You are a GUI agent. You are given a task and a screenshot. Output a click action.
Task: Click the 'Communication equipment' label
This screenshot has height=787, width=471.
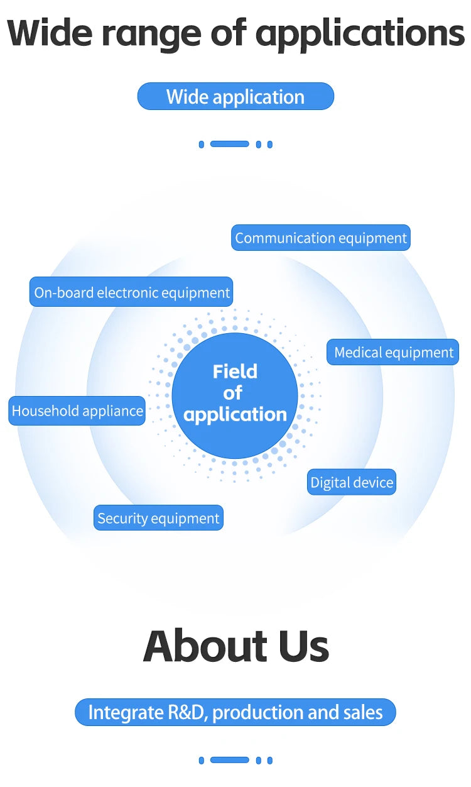tap(321, 238)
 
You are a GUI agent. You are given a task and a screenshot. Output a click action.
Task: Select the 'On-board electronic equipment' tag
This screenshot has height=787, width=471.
tap(131, 292)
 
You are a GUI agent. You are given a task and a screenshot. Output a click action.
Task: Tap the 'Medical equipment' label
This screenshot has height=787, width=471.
tap(392, 352)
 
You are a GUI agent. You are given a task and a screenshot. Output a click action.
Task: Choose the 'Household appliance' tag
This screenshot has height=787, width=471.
tap(77, 410)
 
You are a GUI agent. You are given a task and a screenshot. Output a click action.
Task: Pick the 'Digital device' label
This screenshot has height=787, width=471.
tap(352, 482)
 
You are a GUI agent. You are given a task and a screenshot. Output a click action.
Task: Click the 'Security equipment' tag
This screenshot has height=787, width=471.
tap(158, 518)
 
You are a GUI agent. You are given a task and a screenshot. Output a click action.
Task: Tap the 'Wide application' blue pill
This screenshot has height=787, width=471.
tap(235, 96)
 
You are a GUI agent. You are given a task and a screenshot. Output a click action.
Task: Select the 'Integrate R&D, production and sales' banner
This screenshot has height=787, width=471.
tap(235, 712)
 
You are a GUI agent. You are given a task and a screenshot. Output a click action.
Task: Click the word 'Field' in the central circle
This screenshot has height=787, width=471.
tap(235, 371)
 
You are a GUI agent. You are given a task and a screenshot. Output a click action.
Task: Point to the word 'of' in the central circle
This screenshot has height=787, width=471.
tap(233, 392)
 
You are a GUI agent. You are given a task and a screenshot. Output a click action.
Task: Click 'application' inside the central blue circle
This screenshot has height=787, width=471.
tap(235, 415)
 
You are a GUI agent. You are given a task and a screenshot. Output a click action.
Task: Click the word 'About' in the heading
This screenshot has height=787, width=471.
tap(206, 646)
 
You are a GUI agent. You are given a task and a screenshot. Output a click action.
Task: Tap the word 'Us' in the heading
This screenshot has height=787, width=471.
tap(304, 646)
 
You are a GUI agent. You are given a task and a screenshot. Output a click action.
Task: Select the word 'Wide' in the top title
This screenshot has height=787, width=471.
tap(50, 33)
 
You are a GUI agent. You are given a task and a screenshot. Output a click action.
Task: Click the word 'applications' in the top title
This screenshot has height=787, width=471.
tap(360, 35)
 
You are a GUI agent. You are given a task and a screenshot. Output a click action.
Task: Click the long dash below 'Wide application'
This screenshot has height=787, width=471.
tap(229, 144)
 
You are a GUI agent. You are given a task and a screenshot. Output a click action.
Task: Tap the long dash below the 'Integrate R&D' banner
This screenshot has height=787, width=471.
tap(229, 761)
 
